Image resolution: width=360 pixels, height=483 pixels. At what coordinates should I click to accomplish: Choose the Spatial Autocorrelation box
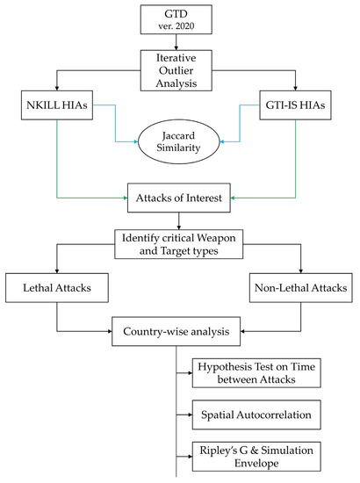point(262,411)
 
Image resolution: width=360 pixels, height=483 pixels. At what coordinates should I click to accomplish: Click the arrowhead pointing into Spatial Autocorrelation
point(194,411)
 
